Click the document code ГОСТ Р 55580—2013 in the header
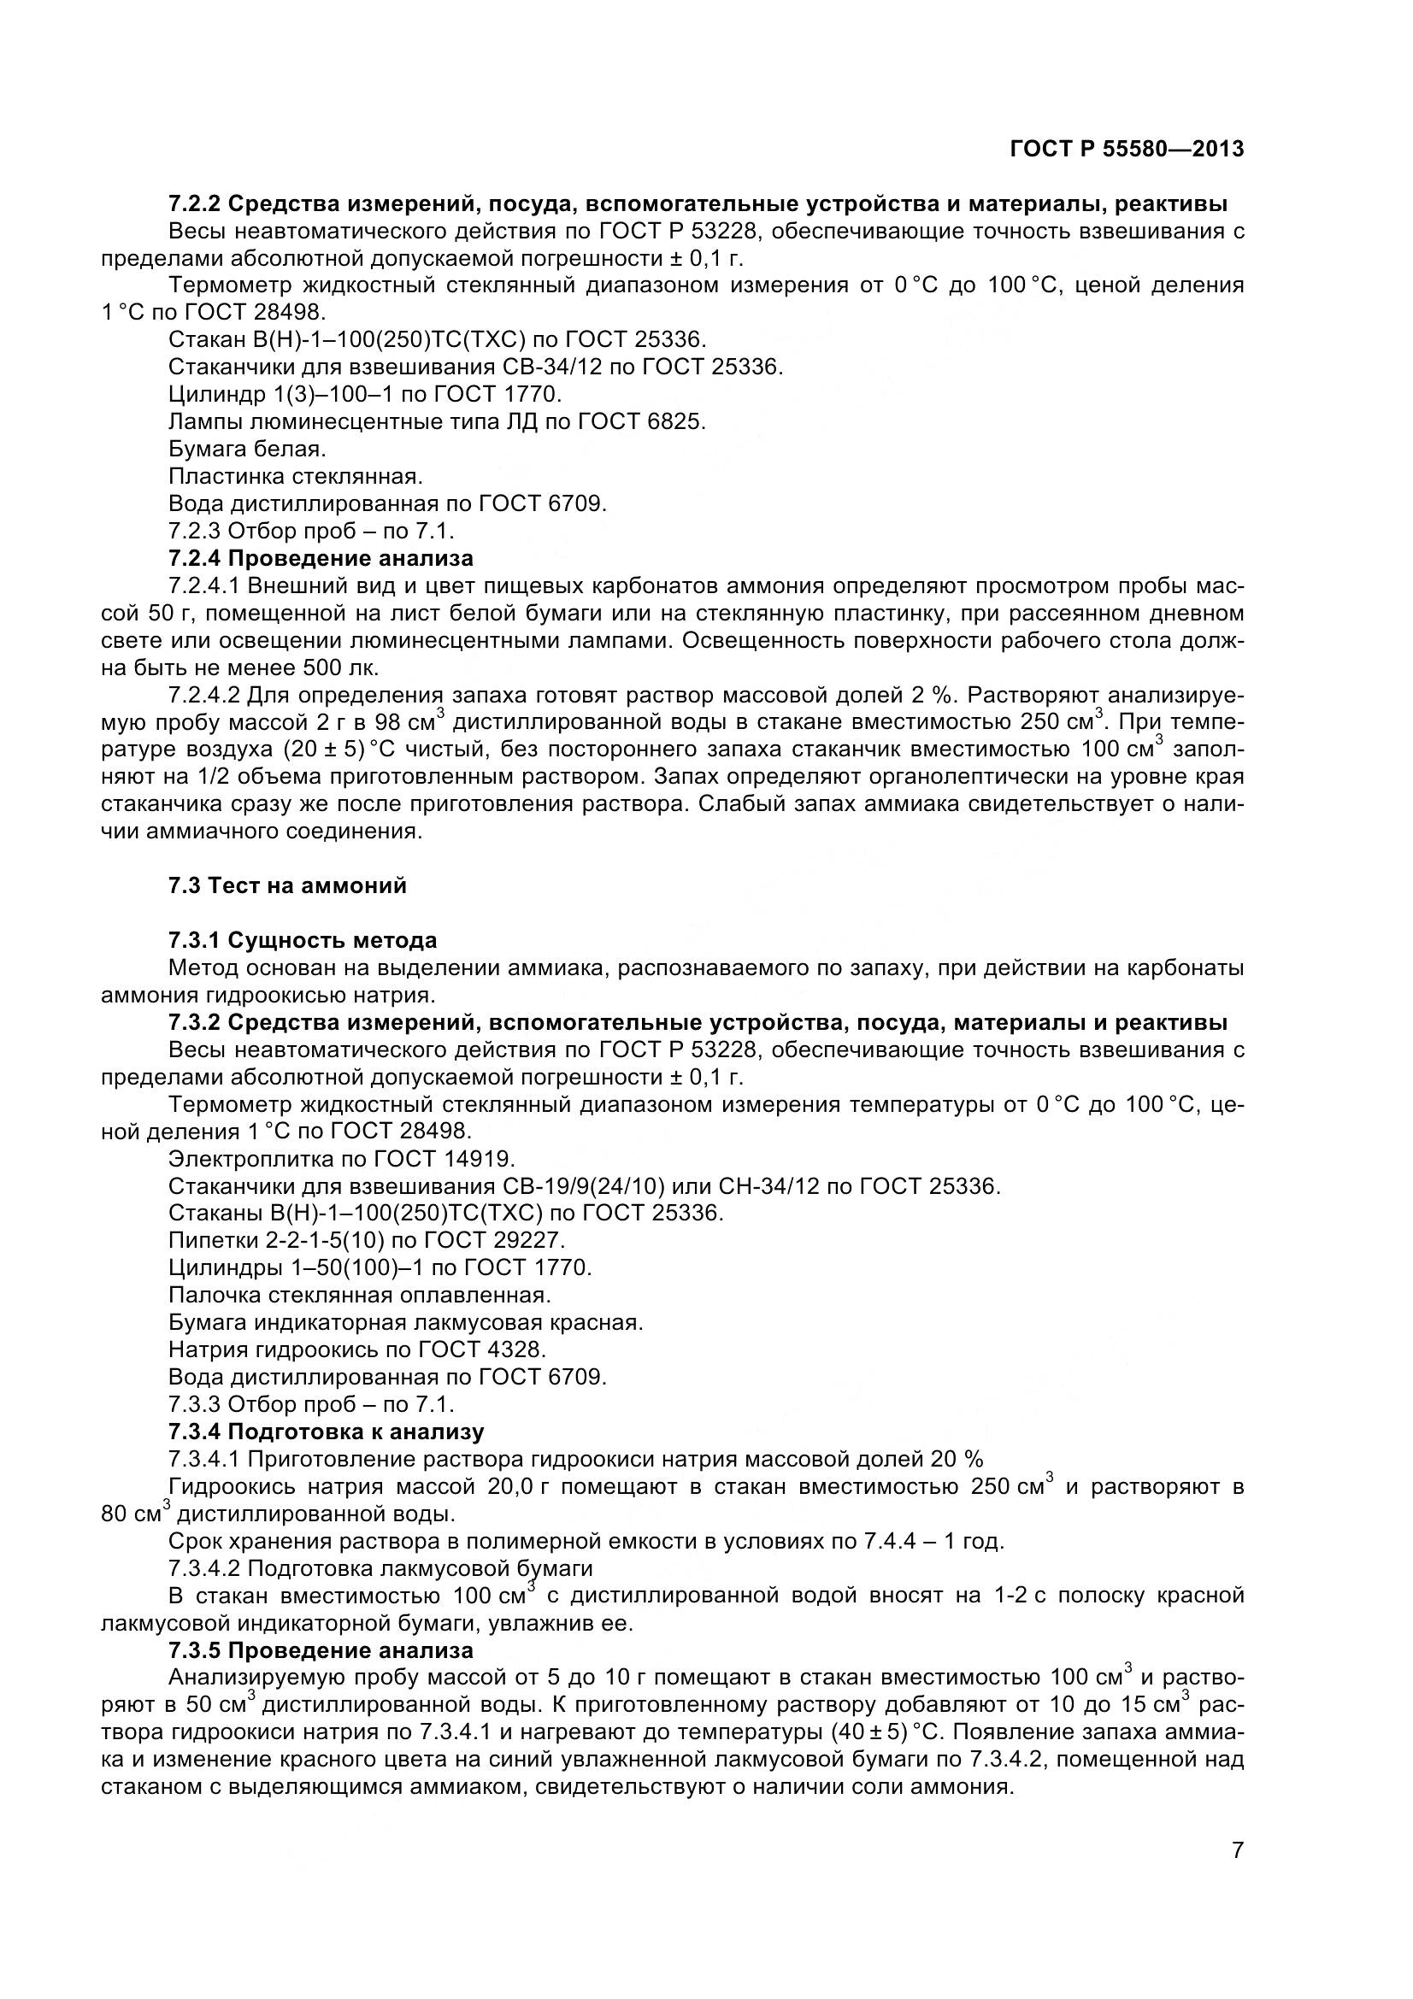pos(1127,149)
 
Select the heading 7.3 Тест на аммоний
pos(287,885)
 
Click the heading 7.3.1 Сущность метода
pos(302,940)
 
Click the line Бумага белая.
pos(247,450)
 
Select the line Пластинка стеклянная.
pos(295,476)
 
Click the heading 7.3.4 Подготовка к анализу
pos(326,1432)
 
